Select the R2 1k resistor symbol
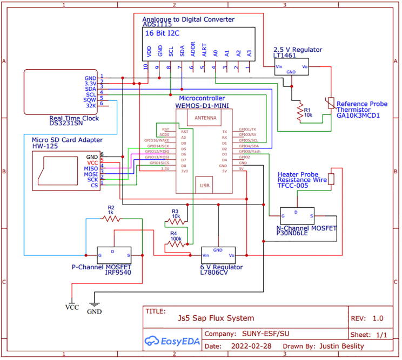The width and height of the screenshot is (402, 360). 111,218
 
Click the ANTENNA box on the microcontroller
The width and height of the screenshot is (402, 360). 203,118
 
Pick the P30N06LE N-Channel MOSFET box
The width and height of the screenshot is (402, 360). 297,215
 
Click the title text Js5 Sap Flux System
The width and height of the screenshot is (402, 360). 216,318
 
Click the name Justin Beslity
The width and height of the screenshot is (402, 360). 342,346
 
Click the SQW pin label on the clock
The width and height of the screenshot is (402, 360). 90,100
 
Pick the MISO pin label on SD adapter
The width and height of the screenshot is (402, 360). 91,168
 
